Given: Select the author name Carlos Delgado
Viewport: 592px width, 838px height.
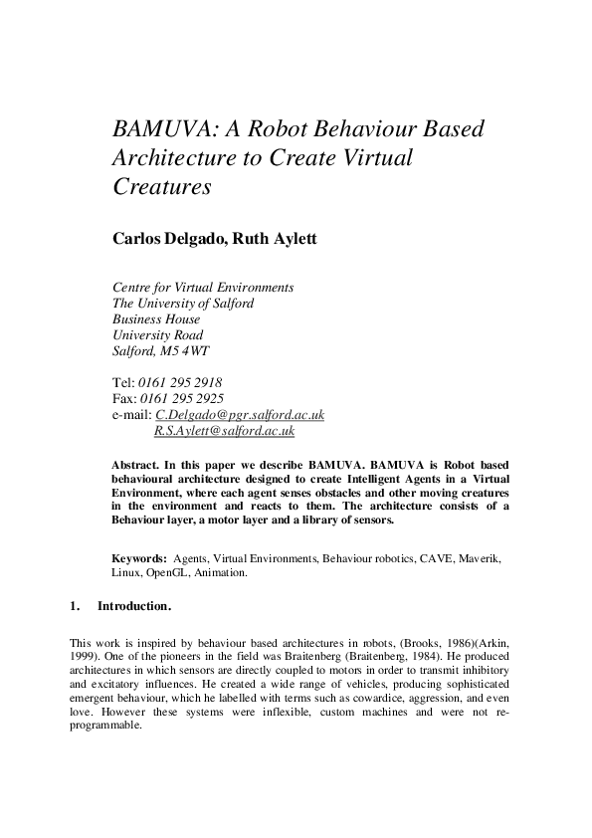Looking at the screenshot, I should tap(165, 238).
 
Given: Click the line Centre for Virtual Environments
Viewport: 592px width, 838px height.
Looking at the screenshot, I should tap(204, 288).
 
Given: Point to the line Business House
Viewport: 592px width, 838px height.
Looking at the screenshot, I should tap(156, 319).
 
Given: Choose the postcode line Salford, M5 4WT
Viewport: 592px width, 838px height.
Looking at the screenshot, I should tap(161, 351).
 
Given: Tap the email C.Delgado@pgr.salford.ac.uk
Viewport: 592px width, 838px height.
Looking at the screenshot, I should tap(240, 415).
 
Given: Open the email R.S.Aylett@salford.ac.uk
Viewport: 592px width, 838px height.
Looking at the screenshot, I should tap(224, 431).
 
